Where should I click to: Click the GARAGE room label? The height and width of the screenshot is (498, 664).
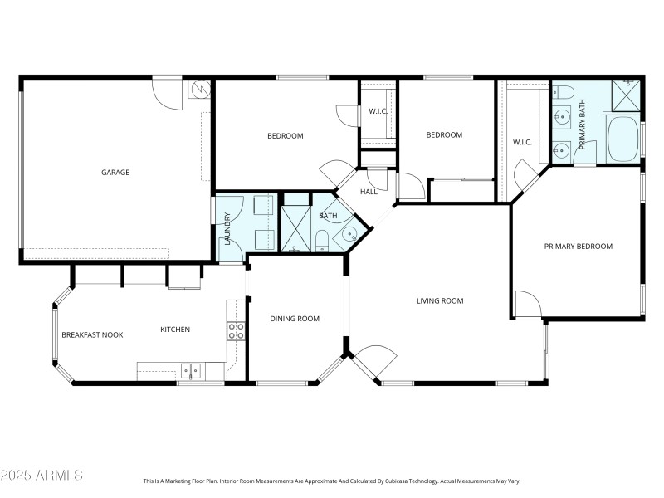pos(115,173)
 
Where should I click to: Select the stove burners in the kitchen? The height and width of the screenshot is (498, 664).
pos(236,331)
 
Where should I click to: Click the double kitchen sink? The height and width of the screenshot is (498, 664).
pos(192,371)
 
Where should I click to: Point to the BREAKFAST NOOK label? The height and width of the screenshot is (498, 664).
pos(92,334)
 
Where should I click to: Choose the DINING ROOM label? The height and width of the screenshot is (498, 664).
pos(295,319)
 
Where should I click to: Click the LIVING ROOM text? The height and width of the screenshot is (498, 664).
pos(440,301)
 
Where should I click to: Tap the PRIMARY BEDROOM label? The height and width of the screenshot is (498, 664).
pos(578,247)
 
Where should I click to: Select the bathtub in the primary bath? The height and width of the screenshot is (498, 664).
pos(623,140)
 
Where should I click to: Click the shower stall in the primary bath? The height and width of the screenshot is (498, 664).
pos(627,95)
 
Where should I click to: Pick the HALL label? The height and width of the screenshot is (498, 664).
pos(369,192)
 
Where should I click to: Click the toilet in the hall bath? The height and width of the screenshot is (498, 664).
pos(322,240)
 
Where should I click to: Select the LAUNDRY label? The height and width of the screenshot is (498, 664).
pos(226,230)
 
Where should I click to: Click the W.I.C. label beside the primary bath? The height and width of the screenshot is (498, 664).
pos(522,142)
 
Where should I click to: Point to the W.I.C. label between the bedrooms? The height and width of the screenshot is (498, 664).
pos(378,112)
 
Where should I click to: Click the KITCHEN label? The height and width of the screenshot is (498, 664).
pos(175,330)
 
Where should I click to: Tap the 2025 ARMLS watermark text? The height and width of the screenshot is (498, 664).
pos(41,476)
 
